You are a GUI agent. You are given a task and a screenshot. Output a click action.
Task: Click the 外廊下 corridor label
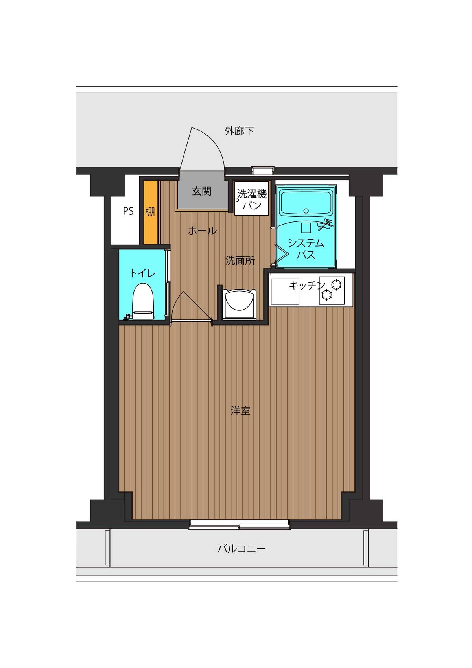coord(239,131)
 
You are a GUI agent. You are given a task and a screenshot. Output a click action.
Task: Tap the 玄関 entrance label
coord(202,192)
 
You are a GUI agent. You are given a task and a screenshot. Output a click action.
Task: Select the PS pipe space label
coord(128,211)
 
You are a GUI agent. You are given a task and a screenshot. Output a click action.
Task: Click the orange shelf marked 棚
coord(150,212)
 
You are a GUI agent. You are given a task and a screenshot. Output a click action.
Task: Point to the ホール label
coord(202,231)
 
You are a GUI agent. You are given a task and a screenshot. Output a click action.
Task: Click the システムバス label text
coord(306,249)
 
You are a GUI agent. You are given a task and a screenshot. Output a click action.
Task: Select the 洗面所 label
coord(240,260)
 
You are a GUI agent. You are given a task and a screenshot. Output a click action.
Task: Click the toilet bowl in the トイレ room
coord(142,300)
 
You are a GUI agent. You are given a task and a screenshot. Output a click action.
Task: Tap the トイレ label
coord(142,273)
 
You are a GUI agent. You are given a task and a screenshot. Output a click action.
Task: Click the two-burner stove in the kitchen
coord(332,290)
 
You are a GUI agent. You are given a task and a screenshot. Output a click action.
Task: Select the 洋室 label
coord(240,411)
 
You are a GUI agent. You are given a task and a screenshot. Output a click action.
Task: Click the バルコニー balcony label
coord(242,548)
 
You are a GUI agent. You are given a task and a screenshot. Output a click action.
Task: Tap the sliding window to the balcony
coord(239,524)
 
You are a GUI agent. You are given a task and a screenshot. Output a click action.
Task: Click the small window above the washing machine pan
coord(262,170)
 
